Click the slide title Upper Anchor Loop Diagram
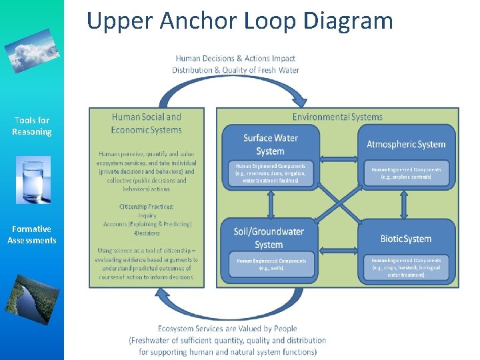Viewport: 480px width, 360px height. coord(240,21)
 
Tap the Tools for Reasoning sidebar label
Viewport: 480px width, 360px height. coord(32,126)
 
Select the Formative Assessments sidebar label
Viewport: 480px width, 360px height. coord(32,235)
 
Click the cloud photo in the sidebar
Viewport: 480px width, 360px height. coord(32,50)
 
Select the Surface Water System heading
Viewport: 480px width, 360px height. coord(271,144)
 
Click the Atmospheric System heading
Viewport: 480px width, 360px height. coord(406,144)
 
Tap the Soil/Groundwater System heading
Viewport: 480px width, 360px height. coord(269,238)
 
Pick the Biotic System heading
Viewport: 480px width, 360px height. coord(405,239)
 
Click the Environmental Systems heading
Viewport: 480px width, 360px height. coord(337,117)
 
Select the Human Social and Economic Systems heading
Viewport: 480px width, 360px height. coord(147,123)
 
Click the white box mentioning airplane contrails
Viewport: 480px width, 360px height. coord(406,174)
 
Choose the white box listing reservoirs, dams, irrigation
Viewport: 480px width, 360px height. coord(271,173)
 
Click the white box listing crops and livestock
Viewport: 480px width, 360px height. coord(406,267)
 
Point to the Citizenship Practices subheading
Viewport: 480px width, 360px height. coord(147,207)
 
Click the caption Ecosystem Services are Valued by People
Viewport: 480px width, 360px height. coord(227,328)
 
